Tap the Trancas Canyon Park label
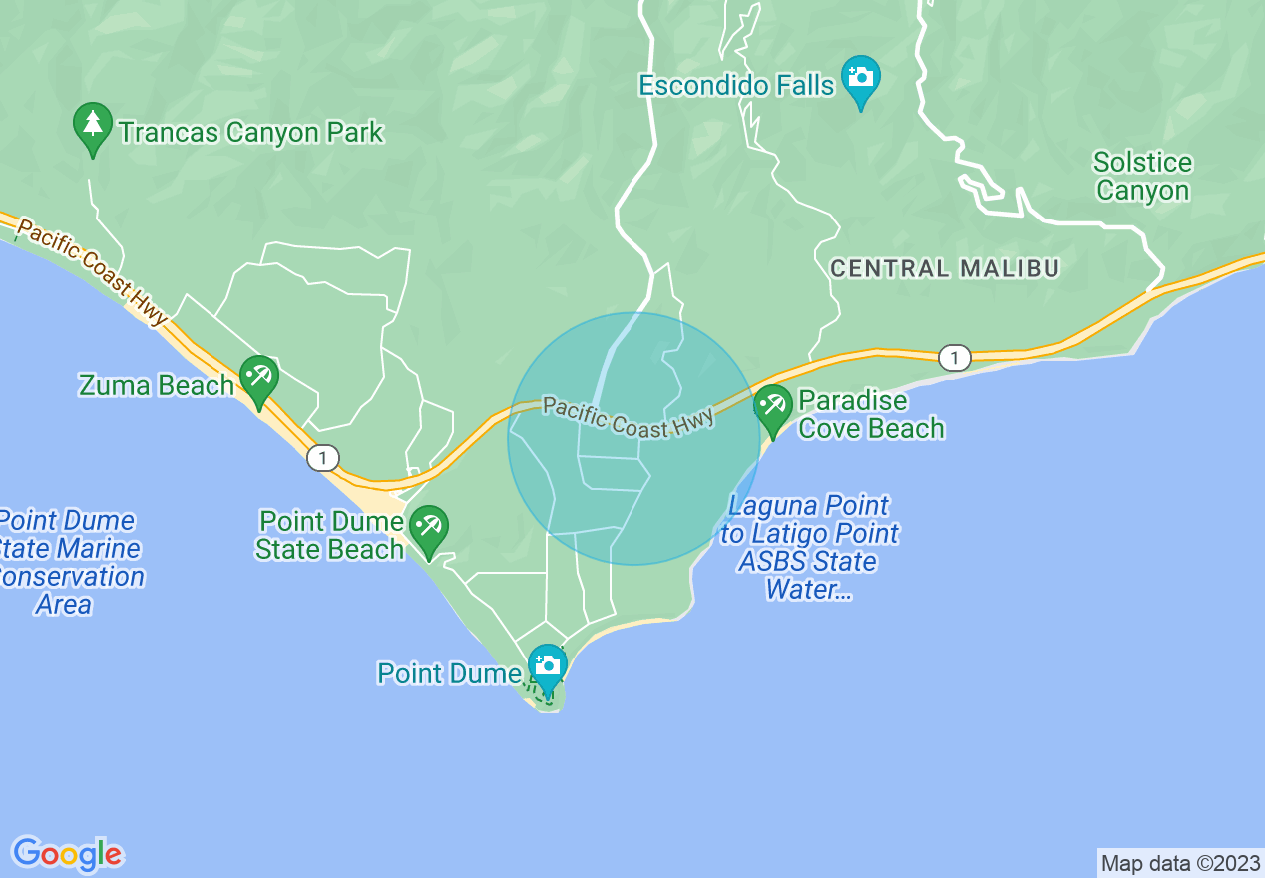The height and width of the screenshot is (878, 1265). tap(250, 132)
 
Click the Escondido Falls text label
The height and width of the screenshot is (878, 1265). tap(736, 86)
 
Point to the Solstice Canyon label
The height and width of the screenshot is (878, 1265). tap(1142, 177)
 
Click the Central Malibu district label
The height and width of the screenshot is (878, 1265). tap(945, 268)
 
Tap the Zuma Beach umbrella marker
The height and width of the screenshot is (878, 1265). tap(259, 379)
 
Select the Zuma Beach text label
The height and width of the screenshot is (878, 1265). tap(156, 385)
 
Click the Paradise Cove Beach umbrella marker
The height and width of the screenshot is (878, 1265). tap(772, 407)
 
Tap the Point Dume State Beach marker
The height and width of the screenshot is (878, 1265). tap(429, 528)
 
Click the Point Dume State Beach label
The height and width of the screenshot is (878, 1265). tap(329, 535)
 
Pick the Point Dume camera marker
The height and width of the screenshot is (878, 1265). tap(547, 666)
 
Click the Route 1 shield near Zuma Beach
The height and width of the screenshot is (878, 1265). tap(322, 458)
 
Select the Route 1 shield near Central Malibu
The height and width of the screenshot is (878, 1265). tap(955, 358)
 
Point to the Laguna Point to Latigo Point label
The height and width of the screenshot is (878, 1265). tap(809, 548)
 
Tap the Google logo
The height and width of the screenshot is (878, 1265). tap(67, 854)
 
